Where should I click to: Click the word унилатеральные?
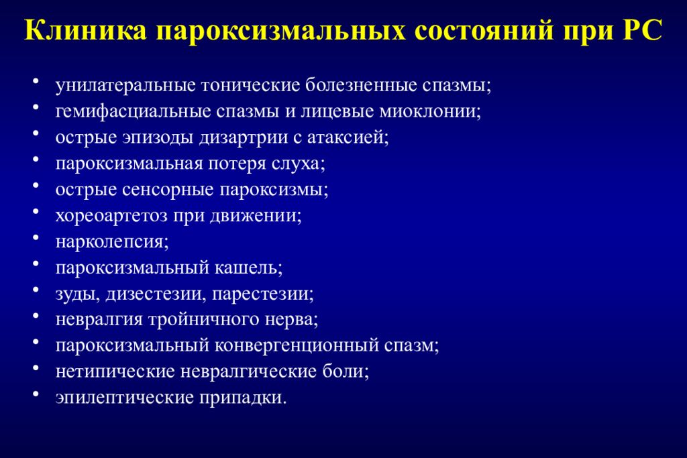(126, 86)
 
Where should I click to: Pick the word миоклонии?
(429, 112)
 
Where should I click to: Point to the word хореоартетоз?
(113, 216)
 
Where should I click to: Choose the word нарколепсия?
(111, 242)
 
